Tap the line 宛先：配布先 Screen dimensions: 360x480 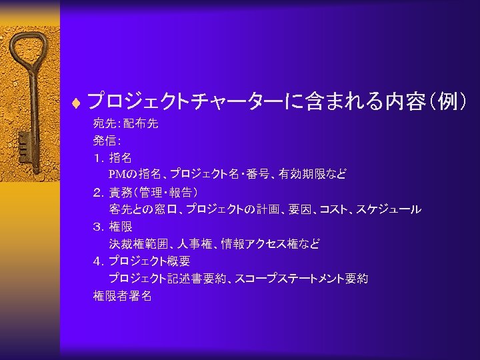(x=125, y=123)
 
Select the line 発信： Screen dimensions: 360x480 (x=107, y=141)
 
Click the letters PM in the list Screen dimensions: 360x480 (x=118, y=175)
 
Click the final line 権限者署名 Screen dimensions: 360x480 (x=122, y=296)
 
